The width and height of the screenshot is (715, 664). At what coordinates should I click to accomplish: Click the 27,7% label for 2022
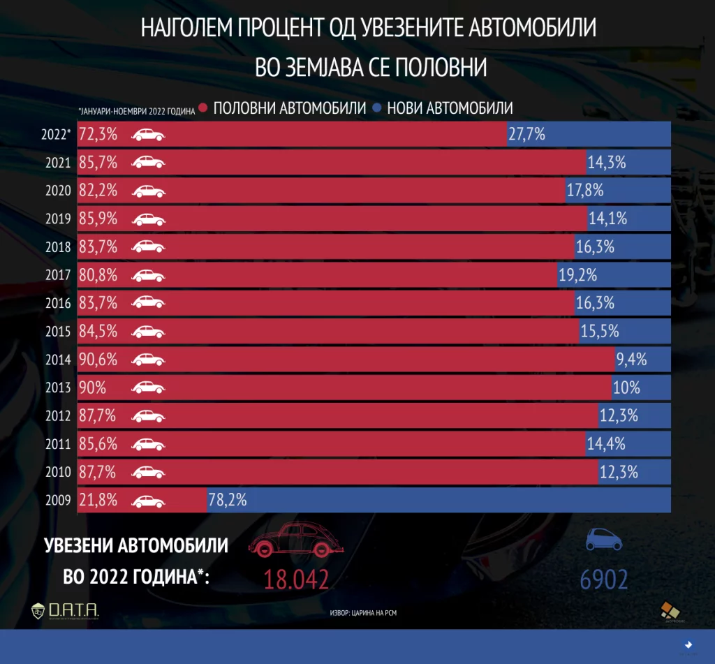click(526, 134)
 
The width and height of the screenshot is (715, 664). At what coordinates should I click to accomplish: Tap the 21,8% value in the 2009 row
click(98, 500)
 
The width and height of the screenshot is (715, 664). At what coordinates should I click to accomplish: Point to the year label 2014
click(57, 360)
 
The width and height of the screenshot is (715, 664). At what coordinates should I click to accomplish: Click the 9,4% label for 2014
click(631, 360)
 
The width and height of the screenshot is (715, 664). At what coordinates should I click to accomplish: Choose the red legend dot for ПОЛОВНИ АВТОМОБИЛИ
click(202, 108)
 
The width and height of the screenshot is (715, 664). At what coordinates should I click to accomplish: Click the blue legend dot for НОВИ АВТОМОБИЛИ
click(377, 108)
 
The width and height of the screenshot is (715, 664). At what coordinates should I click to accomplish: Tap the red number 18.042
click(295, 580)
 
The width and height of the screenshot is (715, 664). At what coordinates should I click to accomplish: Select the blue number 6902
click(603, 580)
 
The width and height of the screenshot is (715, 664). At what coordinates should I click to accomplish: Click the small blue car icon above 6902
click(603, 539)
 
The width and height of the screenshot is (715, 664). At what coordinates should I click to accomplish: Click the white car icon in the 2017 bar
click(149, 275)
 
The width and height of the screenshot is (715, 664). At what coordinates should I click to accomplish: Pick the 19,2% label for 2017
click(577, 275)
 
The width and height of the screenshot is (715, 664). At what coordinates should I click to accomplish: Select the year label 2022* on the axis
click(56, 134)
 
